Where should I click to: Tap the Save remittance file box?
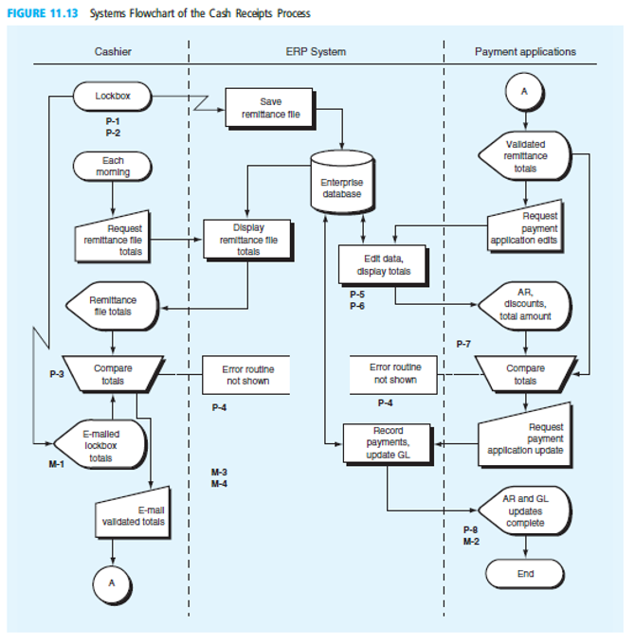pos(269,107)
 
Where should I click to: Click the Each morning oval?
pos(113,167)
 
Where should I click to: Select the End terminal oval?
pos(525,573)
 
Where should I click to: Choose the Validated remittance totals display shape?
pos(524,155)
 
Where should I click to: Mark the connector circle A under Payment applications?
pos(525,91)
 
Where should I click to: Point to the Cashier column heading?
pos(114,51)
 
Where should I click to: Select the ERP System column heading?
pos(316,51)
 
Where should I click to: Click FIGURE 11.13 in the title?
pos(45,13)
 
